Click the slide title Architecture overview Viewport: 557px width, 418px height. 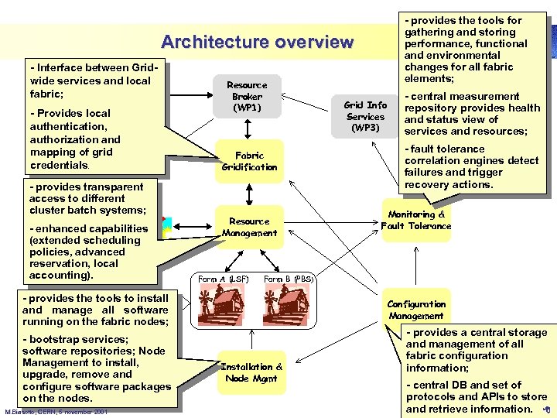pyautogui.click(x=257, y=42)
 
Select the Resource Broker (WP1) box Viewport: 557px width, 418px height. pyautogui.click(x=247, y=96)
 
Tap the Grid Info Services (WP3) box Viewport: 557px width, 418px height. pyautogui.click(x=365, y=116)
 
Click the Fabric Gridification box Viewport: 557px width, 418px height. pyautogui.click(x=249, y=161)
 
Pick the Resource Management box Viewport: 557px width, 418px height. pyautogui.click(x=249, y=227)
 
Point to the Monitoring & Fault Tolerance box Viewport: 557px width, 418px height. pyautogui.click(x=415, y=221)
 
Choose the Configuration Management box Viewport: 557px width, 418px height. pyautogui.click(x=416, y=310)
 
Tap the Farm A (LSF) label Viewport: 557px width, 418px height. pyautogui.click(x=222, y=279)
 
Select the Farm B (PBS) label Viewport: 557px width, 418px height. pyautogui.click(x=288, y=279)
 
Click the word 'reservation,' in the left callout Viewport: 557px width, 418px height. pyautogui.click(x=56, y=263)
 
